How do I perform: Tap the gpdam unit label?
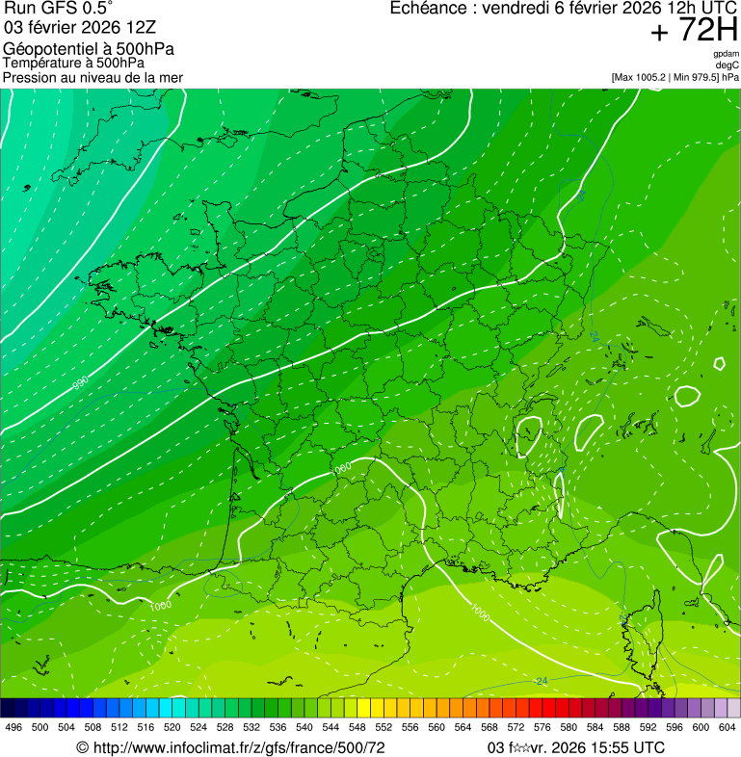(x=726, y=54)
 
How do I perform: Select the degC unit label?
(x=728, y=65)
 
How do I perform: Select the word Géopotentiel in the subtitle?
(x=47, y=49)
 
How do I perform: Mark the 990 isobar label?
(x=81, y=382)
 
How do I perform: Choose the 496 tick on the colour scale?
(x=13, y=727)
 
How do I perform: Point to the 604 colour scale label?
(x=727, y=727)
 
